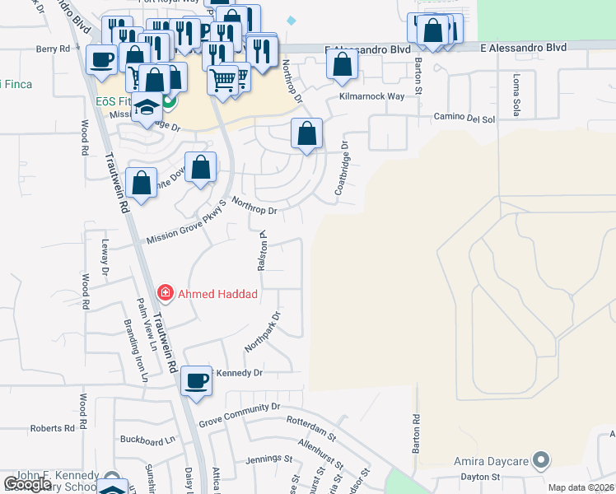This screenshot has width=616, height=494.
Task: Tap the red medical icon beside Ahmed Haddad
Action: [165, 293]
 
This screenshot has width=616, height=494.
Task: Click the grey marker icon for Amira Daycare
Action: [541, 459]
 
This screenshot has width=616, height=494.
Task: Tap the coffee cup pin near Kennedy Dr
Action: [196, 381]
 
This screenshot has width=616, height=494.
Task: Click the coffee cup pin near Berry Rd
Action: [102, 60]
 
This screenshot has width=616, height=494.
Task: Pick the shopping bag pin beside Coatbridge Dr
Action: [306, 133]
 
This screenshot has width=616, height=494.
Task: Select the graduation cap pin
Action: [147, 110]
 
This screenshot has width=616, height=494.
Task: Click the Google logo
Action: [27, 484]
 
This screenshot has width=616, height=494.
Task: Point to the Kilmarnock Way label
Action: [372, 96]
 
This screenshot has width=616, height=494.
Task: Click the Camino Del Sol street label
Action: [464, 119]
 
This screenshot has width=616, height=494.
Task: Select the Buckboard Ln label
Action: [148, 440]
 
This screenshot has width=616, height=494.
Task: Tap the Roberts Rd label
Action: [53, 429]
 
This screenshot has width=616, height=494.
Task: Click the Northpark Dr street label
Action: [262, 332]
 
